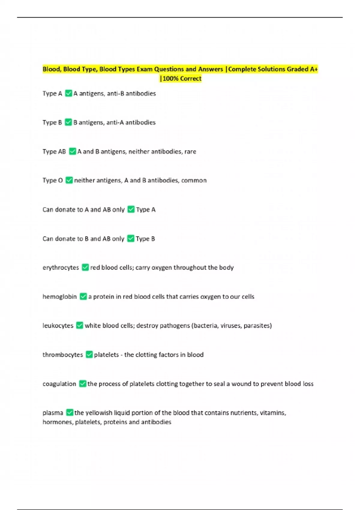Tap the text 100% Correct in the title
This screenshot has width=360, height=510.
click(x=182, y=79)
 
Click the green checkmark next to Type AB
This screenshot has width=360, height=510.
click(x=72, y=151)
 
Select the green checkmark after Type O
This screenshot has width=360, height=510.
click(x=69, y=180)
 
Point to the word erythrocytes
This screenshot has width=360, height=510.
click(x=61, y=267)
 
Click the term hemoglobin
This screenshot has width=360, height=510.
click(x=60, y=296)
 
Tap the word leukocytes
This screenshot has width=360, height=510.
click(x=58, y=325)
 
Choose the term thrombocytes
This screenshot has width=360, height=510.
click(x=63, y=355)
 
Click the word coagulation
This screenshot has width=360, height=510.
click(x=59, y=384)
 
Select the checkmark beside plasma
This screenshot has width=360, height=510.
click(x=69, y=412)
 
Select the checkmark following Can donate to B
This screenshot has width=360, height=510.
click(x=130, y=238)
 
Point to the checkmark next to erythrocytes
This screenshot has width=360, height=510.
click(x=85, y=267)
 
